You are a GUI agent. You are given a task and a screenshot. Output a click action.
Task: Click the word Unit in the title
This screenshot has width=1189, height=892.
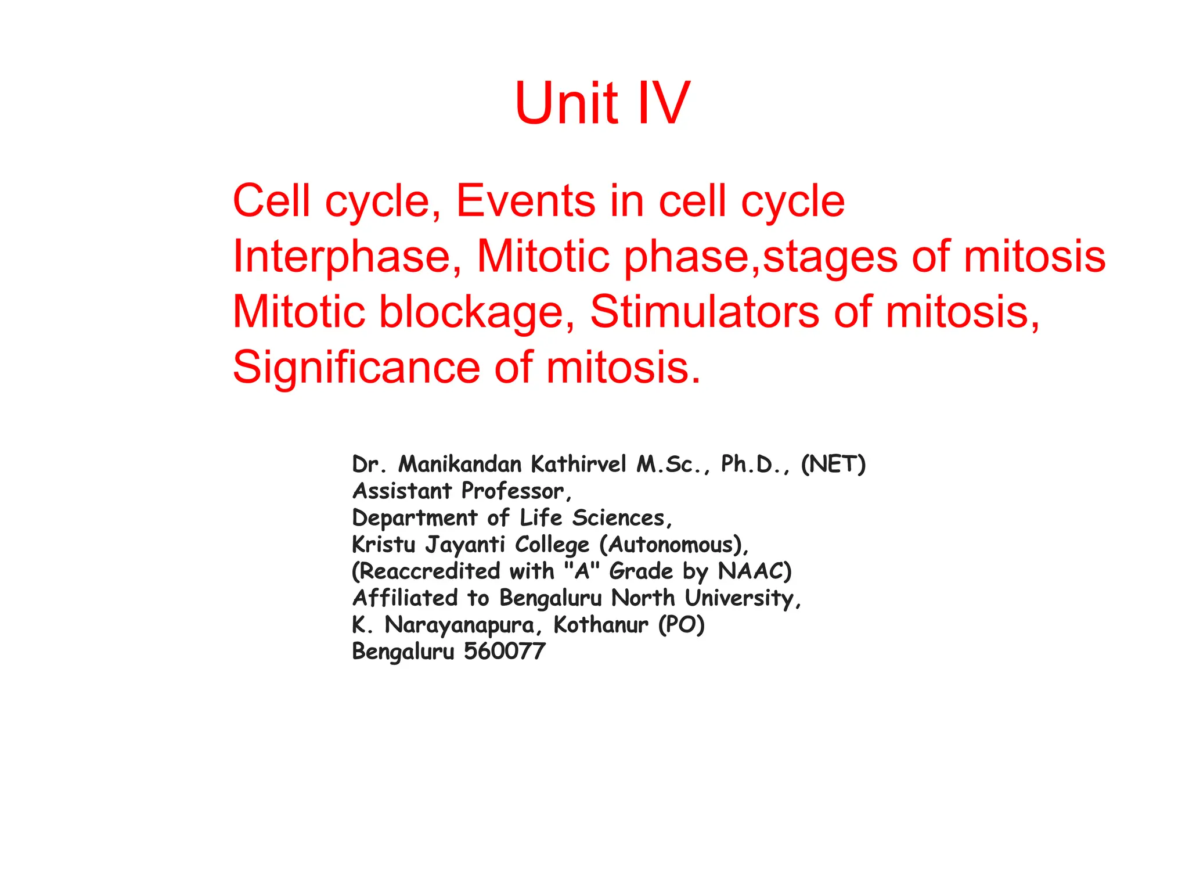click(566, 103)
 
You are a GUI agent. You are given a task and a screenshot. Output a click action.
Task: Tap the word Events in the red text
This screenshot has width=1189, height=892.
click(525, 201)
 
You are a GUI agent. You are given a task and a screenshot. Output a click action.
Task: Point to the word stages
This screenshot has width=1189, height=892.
click(830, 257)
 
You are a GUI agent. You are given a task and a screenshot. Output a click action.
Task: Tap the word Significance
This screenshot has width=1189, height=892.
click(356, 368)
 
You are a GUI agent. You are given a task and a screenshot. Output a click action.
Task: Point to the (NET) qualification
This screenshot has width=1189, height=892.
click(833, 464)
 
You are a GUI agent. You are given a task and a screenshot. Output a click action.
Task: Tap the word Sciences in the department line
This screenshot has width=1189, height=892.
click(622, 518)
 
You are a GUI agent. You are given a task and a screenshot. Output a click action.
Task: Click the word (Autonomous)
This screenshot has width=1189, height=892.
click(673, 545)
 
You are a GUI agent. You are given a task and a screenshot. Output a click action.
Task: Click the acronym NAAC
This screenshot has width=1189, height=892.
click(754, 571)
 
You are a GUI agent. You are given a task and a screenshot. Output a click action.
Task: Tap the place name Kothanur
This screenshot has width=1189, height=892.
click(600, 625)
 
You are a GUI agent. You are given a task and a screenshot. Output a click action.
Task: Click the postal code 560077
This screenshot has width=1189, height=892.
click(505, 652)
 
